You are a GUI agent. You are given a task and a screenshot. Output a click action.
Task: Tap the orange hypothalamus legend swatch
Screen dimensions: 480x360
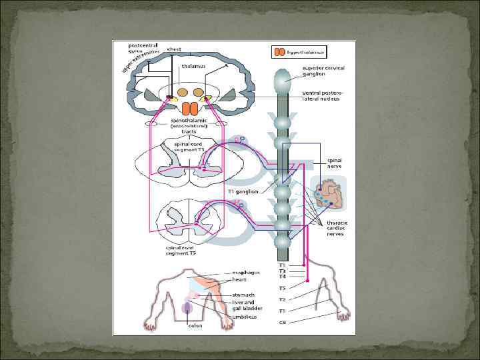[279, 51]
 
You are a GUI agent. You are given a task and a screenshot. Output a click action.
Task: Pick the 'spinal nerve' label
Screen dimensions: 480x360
[334, 163]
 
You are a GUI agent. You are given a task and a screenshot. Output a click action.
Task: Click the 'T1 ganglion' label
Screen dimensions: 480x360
[243, 191]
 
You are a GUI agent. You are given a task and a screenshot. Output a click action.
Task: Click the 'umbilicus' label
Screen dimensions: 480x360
[244, 317]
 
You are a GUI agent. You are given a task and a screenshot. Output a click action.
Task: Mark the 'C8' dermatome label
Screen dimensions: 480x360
[283, 323]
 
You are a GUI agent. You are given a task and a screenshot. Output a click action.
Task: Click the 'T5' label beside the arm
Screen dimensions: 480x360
[283, 288]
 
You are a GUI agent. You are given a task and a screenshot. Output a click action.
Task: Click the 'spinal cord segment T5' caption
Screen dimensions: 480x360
[181, 251]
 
